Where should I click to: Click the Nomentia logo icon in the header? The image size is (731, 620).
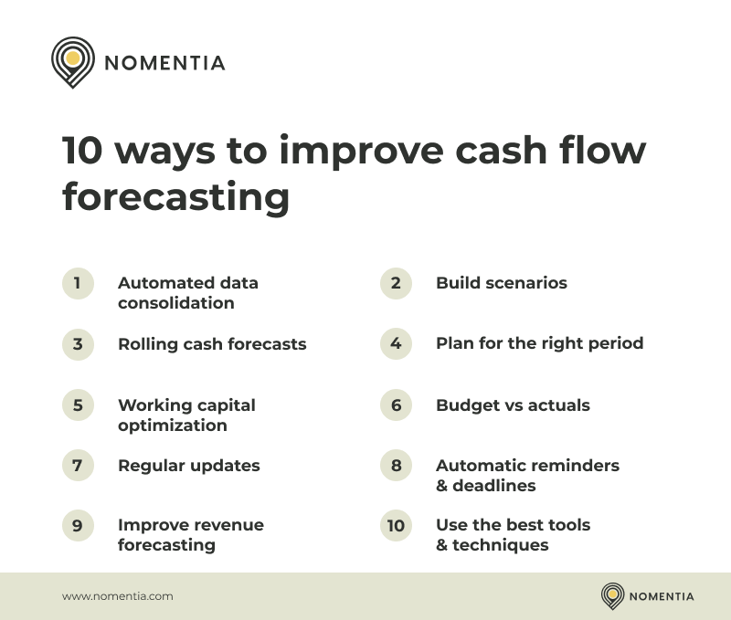point(73,61)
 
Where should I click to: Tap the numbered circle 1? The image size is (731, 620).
point(78,283)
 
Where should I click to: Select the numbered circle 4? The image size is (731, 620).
point(396,343)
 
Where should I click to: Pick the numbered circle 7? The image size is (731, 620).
point(78,466)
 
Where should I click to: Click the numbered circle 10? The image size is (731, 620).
point(396,526)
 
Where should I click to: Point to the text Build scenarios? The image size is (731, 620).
point(501,283)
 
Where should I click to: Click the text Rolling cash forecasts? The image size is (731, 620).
point(212,344)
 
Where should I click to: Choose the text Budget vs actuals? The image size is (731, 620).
point(513,405)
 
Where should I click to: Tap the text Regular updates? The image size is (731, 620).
point(188,466)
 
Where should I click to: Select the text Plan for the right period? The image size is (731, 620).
point(539,343)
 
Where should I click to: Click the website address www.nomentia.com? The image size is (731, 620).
point(117,596)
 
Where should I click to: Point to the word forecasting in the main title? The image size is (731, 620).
point(175,197)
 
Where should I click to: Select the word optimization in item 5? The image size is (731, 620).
point(172,426)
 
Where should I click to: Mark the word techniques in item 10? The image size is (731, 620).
point(501,545)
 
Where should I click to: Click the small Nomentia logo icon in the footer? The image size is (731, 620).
point(612,596)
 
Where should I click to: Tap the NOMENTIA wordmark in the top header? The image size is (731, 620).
point(164,63)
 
